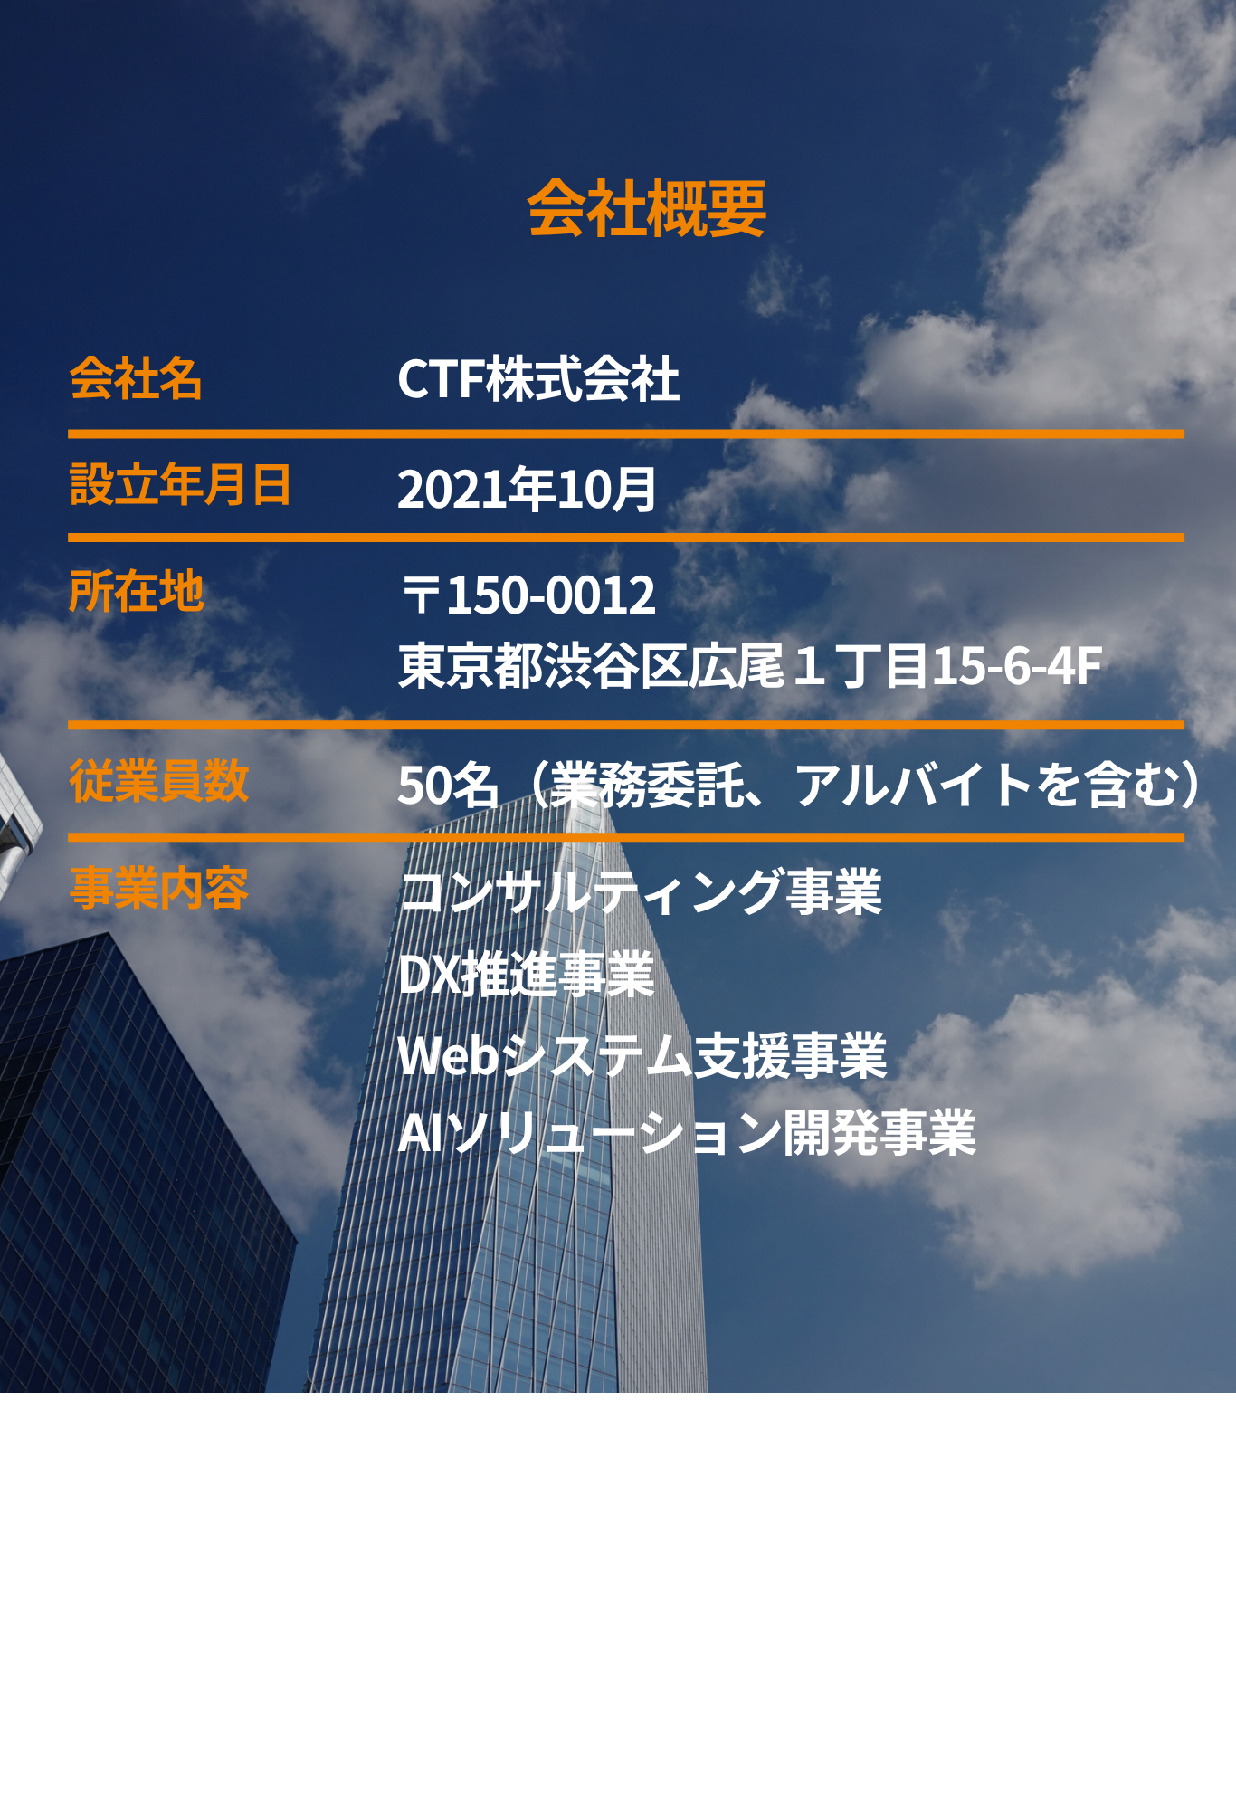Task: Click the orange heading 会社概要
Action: [647, 208]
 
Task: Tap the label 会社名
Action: [136, 378]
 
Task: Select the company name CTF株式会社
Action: [538, 378]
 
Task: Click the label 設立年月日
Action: [180, 485]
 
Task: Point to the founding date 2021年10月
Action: [527, 489]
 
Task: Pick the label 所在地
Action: [137, 592]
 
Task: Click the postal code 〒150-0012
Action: [528, 595]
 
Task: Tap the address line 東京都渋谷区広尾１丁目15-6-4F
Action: [750, 666]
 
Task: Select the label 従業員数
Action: [158, 780]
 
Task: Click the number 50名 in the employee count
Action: [448, 785]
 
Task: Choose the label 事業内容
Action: [158, 888]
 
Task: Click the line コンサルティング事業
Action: [640, 891]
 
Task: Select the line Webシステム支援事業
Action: [642, 1055]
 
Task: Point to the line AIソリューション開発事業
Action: [687, 1132]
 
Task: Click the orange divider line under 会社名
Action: [626, 434]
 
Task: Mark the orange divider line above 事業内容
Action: [626, 837]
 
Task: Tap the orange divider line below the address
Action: [626, 725]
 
